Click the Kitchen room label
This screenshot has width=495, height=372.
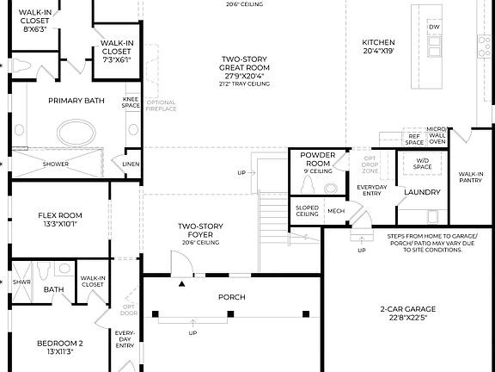tap(378, 47)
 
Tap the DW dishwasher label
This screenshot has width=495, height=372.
tap(433, 27)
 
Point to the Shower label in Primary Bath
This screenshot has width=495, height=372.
tap(56, 164)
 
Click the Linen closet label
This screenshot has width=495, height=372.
tap(131, 164)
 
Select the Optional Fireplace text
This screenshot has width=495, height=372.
tap(162, 106)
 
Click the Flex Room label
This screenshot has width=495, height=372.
tap(59, 220)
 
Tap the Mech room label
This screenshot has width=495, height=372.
tap(335, 210)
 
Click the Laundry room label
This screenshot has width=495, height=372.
tap(422, 192)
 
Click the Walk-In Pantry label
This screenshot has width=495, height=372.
tap(470, 177)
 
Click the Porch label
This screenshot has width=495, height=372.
tap(231, 297)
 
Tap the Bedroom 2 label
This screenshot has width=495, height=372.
tap(59, 347)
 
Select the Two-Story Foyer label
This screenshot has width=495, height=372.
tap(201, 233)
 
